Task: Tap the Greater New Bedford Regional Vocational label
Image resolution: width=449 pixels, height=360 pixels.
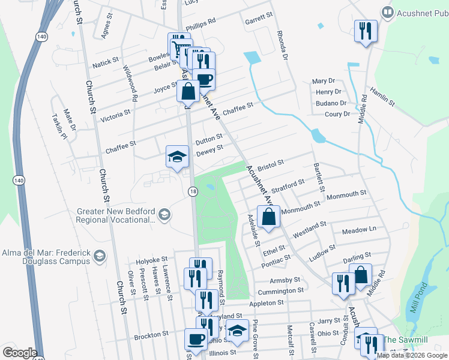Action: tap(116, 215)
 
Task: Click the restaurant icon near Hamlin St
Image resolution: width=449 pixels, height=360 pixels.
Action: tap(366, 31)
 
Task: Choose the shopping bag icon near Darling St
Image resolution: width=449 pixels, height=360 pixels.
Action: tap(361, 275)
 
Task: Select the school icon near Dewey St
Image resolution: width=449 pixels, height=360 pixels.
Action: tap(177, 157)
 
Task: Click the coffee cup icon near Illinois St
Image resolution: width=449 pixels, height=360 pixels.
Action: tap(196, 340)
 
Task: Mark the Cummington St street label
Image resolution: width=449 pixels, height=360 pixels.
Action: tap(280, 291)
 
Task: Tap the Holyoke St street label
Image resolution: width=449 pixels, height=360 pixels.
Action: tap(152, 260)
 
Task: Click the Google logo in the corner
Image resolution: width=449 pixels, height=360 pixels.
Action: tap(20, 353)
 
